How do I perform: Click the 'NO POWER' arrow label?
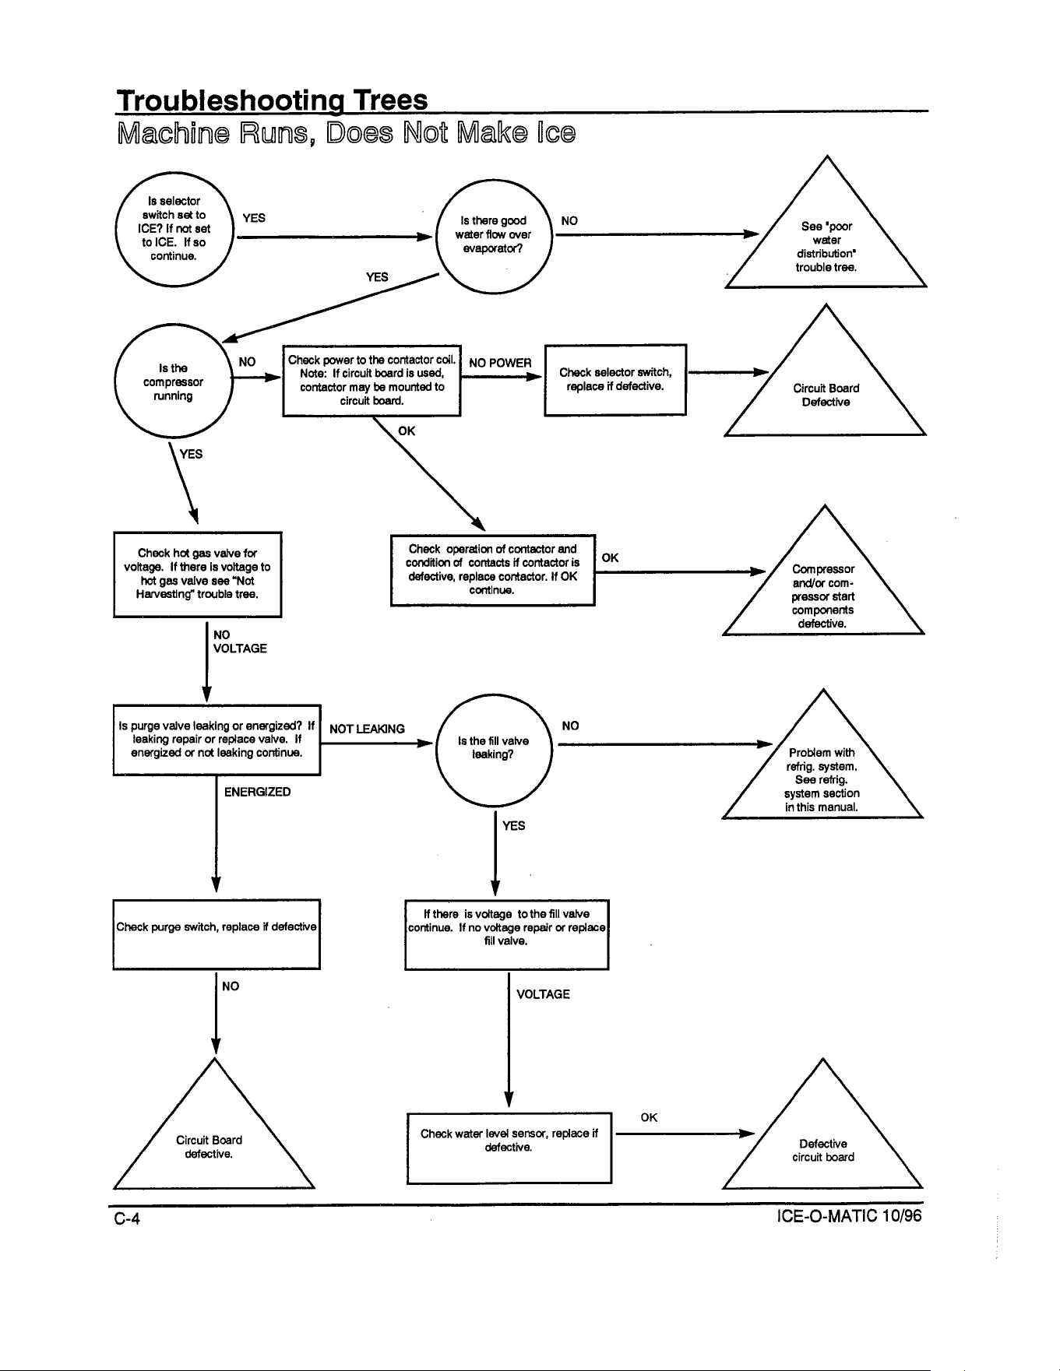click(500, 363)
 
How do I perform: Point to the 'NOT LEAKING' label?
click(368, 729)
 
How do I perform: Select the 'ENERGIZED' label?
click(258, 792)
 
